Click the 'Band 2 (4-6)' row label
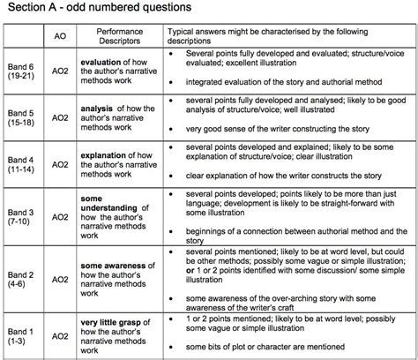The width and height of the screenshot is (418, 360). click(x=19, y=270)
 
